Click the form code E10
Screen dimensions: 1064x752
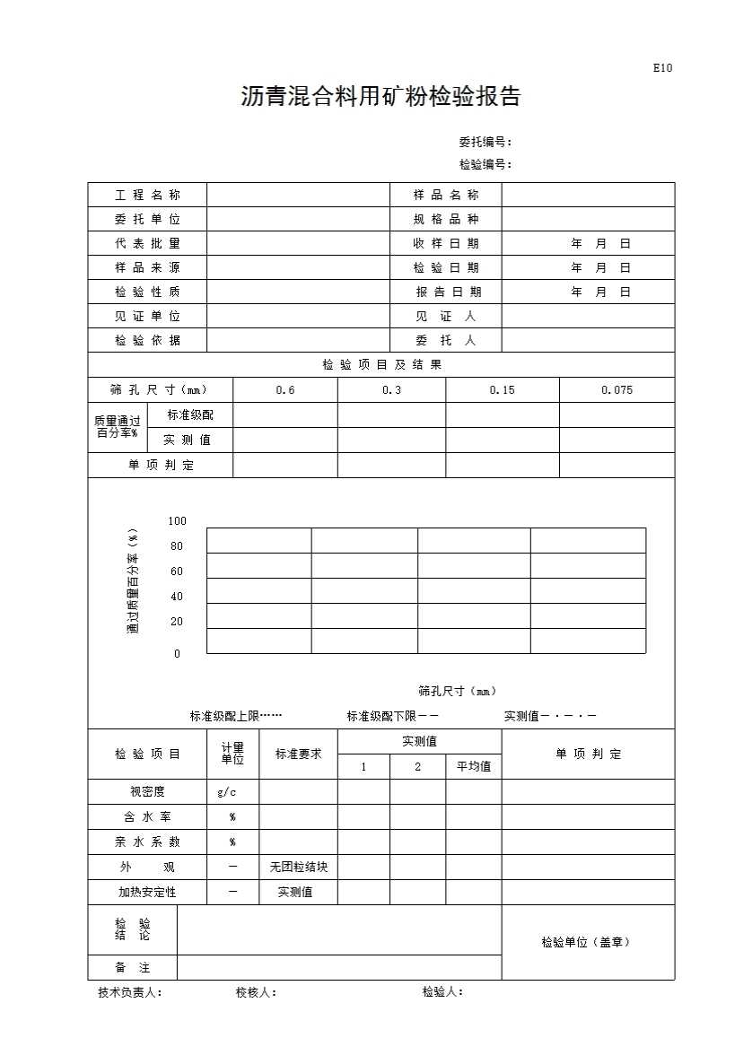[x=662, y=68]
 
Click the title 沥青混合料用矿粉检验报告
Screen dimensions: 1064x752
[x=380, y=97]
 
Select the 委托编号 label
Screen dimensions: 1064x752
[x=485, y=142]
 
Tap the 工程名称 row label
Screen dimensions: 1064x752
[x=147, y=196]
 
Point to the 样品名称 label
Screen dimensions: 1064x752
[x=446, y=196]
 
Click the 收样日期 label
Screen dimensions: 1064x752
[x=446, y=244]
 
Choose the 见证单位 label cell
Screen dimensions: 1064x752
[x=147, y=317]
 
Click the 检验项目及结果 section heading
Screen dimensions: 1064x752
[x=382, y=365]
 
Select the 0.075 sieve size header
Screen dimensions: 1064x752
[x=616, y=390]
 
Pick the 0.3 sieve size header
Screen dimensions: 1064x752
[x=391, y=390]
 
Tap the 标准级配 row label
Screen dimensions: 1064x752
[x=190, y=415]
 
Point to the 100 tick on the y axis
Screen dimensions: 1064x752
[x=177, y=521]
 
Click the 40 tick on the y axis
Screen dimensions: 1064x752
[x=176, y=597]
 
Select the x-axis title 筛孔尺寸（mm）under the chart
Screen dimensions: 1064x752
[x=458, y=691]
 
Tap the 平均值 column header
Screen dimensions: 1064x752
[x=474, y=767]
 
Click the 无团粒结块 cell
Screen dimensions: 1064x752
[x=299, y=868]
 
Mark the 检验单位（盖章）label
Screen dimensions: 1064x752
[x=585, y=942]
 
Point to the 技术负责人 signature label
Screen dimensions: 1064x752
[x=130, y=992]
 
